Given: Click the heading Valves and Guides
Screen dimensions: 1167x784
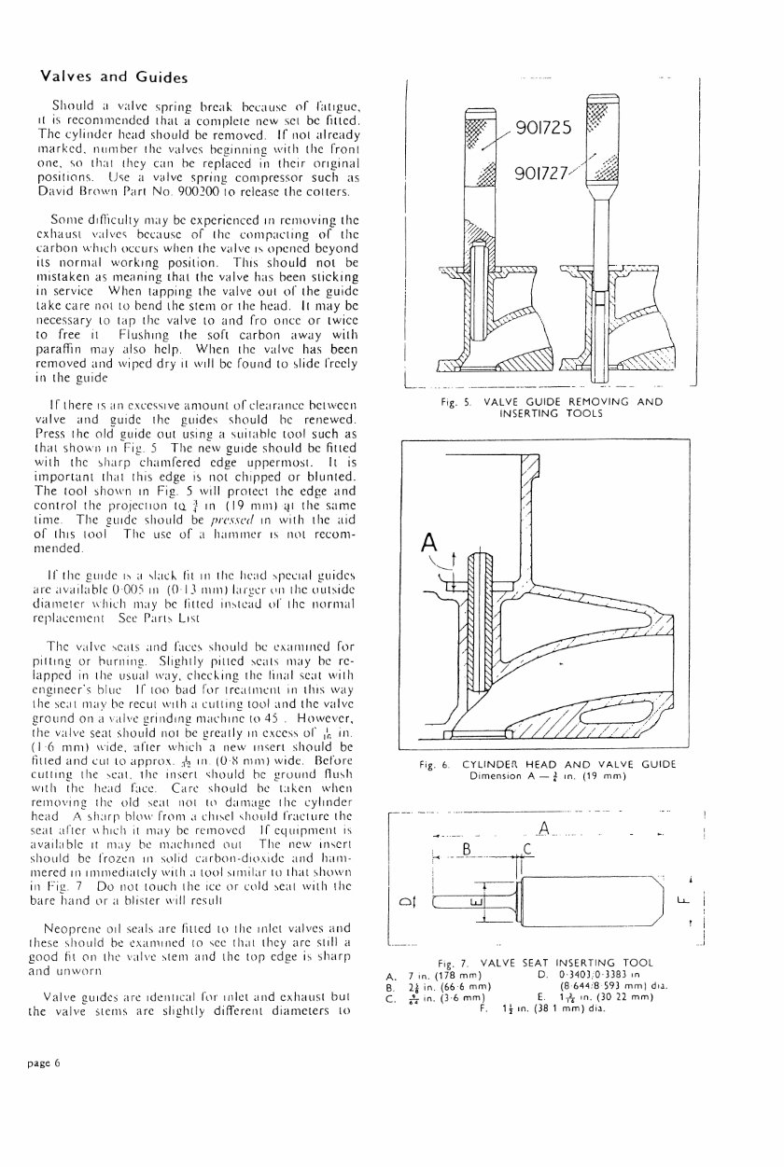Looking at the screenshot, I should coord(109,76).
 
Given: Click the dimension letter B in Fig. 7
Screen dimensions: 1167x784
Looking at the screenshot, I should coord(468,849).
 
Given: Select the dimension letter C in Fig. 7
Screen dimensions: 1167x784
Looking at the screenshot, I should coord(527,849).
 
